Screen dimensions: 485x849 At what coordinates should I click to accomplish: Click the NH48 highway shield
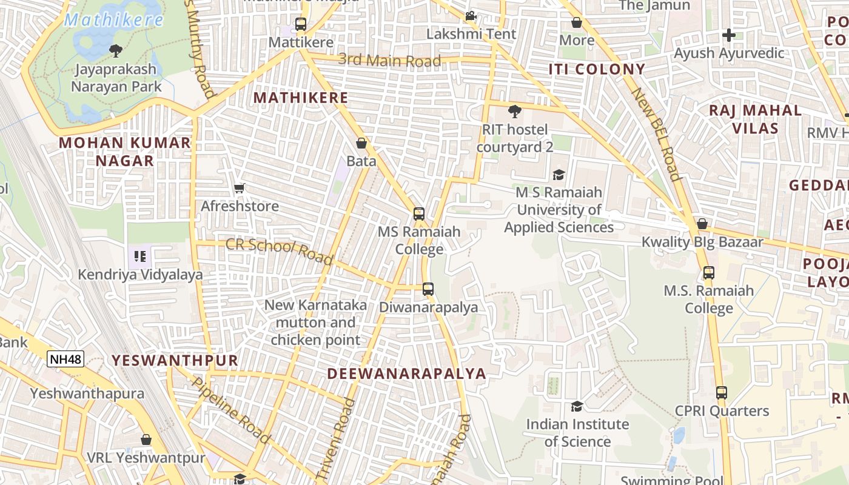(x=65, y=359)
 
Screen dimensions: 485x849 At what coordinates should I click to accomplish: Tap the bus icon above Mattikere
(x=301, y=24)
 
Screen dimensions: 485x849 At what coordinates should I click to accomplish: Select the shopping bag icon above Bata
(x=361, y=143)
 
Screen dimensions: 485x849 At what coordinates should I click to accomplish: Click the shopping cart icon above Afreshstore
(x=240, y=189)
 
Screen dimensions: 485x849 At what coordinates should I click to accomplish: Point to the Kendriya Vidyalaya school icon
(x=140, y=256)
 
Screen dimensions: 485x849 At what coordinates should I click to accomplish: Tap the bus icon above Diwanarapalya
(x=428, y=289)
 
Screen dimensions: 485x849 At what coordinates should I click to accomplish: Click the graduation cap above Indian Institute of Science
(x=577, y=406)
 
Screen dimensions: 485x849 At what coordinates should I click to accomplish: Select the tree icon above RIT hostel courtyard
(x=514, y=112)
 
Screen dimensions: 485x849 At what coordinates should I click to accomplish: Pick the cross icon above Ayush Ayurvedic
(x=729, y=35)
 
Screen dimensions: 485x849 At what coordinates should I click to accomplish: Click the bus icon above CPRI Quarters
(x=721, y=393)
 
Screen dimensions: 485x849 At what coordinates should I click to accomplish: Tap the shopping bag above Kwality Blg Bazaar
(x=702, y=224)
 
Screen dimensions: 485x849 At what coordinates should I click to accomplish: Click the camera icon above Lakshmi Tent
(x=471, y=16)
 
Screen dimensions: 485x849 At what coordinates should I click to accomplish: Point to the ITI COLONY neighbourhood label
(x=597, y=69)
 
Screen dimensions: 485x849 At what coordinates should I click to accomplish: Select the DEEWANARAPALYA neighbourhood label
(x=407, y=373)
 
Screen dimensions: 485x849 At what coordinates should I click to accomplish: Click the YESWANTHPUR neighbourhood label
(x=175, y=361)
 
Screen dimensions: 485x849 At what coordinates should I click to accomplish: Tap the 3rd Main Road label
(x=389, y=61)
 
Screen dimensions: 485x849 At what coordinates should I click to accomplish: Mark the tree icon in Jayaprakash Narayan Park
(x=115, y=50)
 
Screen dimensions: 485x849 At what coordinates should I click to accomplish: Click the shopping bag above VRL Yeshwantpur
(x=146, y=439)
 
